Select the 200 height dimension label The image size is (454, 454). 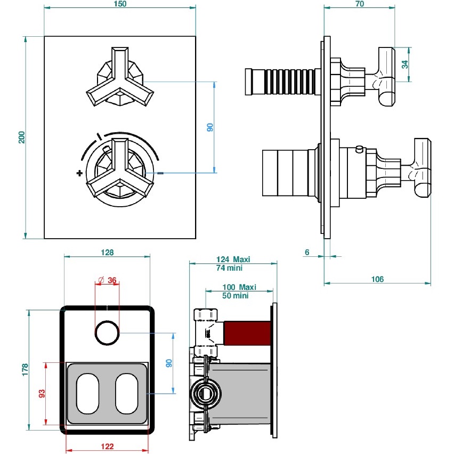point(21,137)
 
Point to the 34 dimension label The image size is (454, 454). point(405,64)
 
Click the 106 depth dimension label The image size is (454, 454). point(377,279)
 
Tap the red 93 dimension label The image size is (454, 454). point(42,394)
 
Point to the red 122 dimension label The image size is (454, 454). point(107,447)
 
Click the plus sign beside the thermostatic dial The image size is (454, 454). point(79,173)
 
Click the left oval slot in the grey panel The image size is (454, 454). point(88,394)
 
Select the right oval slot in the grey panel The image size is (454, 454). point(126,394)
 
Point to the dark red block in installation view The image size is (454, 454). point(248,333)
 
